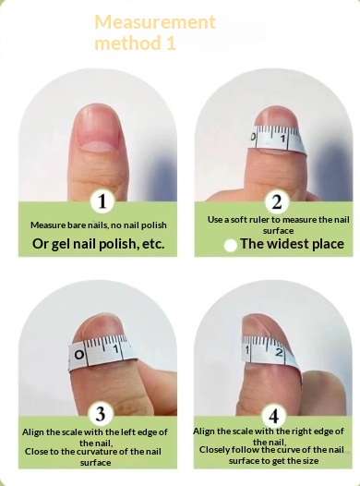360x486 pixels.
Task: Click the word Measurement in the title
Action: coord(155,22)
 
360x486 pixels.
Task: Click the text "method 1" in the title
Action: coord(134,43)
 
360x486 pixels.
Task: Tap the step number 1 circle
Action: coord(102,200)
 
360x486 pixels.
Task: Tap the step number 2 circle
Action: coord(274,200)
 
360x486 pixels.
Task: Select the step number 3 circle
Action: coord(102,413)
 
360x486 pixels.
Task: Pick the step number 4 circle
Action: coord(274,415)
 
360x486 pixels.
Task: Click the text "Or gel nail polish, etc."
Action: coord(98,243)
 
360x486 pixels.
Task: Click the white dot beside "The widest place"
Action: coord(231,246)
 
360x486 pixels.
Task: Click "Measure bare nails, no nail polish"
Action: coord(98,225)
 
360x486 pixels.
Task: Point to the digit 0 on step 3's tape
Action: coord(79,355)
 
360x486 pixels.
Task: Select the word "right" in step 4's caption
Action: coord(294,431)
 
